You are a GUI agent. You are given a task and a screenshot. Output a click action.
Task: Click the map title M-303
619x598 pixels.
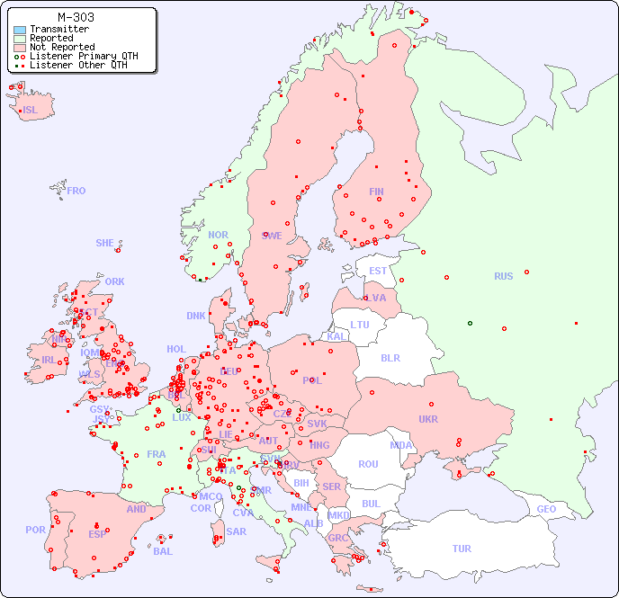[76, 17]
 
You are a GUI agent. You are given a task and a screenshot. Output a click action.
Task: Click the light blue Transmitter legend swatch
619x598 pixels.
[20, 30]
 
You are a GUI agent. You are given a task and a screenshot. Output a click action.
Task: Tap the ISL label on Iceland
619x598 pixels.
[31, 111]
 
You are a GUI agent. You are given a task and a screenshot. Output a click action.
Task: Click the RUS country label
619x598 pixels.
[503, 276]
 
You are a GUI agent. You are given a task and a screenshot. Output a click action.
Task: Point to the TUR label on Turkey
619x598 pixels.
[462, 549]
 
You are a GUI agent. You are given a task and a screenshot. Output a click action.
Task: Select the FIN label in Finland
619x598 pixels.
[376, 192]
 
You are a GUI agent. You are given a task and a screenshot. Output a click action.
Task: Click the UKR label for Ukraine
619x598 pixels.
[428, 419]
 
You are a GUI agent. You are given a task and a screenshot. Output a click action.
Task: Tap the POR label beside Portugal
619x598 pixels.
[35, 530]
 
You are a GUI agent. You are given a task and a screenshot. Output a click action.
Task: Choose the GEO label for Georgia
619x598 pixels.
[546, 509]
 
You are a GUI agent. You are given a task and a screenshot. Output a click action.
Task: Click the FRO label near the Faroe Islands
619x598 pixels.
[76, 191]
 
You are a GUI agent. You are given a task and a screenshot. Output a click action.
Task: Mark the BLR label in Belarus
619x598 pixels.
[390, 357]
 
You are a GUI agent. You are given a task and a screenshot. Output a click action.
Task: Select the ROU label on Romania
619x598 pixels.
[368, 464]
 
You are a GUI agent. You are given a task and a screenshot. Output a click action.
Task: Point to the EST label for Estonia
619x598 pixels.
[378, 271]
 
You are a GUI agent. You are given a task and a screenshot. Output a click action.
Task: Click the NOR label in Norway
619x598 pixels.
[218, 235]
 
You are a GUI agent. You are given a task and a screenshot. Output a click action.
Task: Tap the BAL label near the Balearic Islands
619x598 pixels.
[162, 551]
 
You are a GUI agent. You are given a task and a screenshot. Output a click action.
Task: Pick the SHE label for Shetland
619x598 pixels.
[105, 243]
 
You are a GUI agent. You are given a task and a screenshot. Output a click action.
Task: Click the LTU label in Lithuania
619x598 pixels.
[360, 325]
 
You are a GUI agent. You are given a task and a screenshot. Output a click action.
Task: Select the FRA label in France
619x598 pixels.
[157, 454]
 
